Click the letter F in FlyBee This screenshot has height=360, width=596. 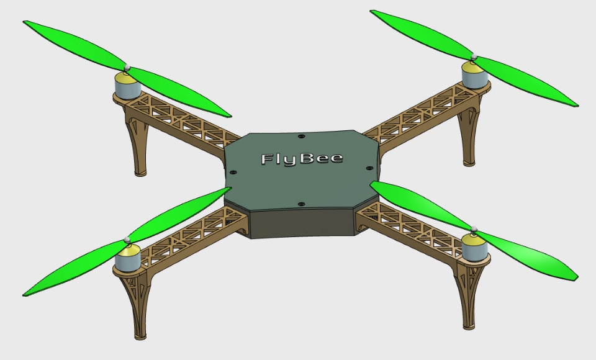click(268, 159)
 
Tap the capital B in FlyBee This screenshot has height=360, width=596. click(305, 158)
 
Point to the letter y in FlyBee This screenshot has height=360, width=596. click(290, 161)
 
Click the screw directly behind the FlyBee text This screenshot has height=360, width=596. click(302, 136)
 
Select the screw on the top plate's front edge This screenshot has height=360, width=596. click(302, 205)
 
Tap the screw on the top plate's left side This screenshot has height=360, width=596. click(233, 173)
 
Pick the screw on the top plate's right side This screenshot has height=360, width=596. click(369, 168)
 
